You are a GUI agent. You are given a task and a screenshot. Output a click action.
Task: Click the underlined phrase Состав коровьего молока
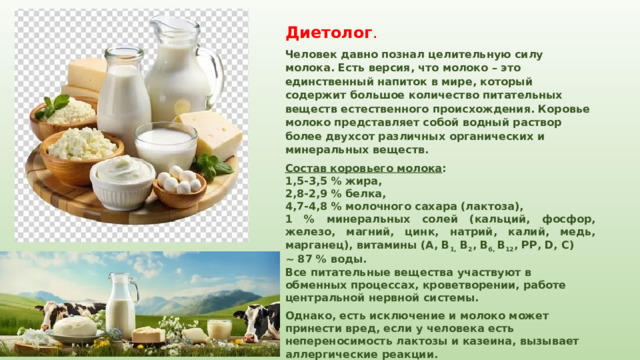[362, 169]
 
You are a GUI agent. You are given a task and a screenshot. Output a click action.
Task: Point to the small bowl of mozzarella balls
[179, 186]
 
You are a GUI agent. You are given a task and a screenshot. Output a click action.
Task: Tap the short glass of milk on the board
[165, 145]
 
